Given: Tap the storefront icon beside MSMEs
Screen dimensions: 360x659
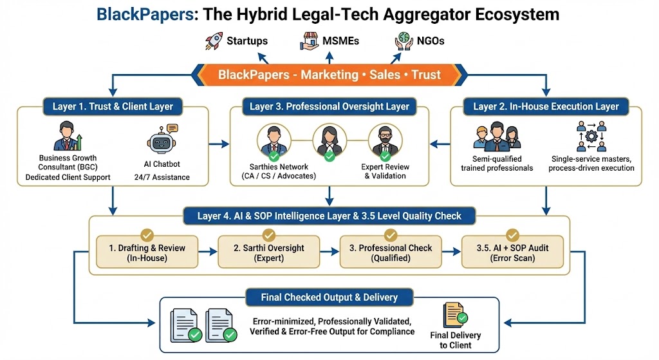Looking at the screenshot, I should (310, 41).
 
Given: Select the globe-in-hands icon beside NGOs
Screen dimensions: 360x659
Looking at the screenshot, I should (404, 41).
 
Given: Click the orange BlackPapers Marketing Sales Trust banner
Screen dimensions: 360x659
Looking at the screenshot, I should (329, 74).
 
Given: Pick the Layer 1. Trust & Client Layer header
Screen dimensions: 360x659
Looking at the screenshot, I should (113, 106).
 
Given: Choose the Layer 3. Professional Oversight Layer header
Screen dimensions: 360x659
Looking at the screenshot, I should (329, 106).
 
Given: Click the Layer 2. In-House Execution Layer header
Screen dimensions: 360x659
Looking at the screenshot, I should (546, 106).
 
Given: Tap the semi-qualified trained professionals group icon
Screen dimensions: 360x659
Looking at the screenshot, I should (496, 137).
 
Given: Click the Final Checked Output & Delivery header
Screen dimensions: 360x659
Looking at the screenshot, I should (329, 298).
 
